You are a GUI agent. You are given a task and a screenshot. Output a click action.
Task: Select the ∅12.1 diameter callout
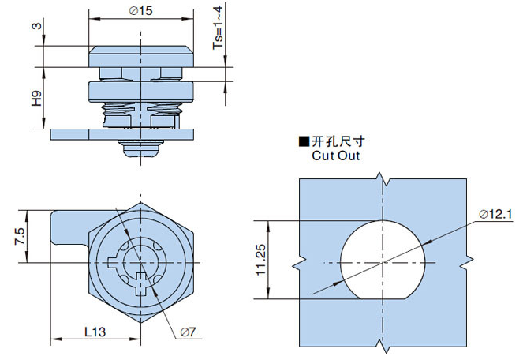[495, 214]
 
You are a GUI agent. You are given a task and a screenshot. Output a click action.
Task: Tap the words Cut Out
[335, 156]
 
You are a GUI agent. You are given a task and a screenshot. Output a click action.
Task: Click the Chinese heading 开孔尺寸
[339, 142]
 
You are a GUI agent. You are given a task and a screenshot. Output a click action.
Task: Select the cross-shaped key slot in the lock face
[140, 283]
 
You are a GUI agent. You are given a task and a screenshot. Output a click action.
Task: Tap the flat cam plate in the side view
[126, 133]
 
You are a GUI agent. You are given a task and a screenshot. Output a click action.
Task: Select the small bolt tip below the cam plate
[140, 146]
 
